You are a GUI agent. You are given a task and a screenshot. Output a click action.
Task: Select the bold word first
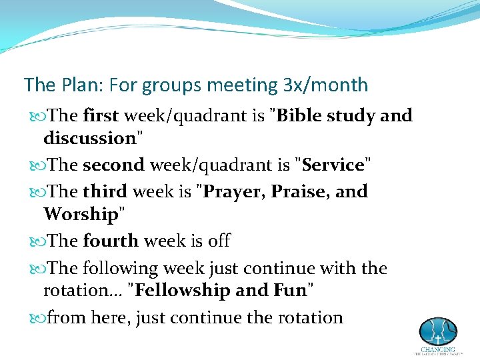click(101, 116)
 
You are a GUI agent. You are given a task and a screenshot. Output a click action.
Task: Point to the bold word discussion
click(89, 139)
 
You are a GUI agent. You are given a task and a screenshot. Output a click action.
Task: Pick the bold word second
click(113, 165)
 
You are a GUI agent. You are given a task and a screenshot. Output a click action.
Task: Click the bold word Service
click(333, 165)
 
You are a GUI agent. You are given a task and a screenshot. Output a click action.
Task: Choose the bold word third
click(105, 192)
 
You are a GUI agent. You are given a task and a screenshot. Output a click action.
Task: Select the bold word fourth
click(110, 241)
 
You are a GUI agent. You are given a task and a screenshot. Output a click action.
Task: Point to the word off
click(219, 241)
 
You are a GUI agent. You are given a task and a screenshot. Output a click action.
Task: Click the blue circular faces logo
click(437, 331)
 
